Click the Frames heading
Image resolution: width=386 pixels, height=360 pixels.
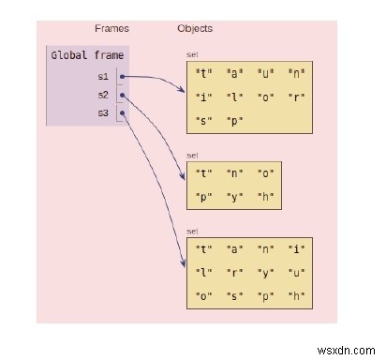[111, 28]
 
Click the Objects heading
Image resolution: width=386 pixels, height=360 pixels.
[194, 28]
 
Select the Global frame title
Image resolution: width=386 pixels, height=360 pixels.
[86, 56]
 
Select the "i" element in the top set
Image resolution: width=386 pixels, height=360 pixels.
[202, 97]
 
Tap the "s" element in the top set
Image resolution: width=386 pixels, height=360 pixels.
[202, 121]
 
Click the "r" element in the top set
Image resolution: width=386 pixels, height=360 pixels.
[298, 97]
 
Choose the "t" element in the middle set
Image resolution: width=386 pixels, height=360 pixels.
[202, 172]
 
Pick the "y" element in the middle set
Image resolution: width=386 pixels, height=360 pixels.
[234, 197]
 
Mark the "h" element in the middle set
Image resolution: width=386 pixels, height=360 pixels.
[266, 197]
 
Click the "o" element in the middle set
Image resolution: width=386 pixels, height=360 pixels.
[266, 172]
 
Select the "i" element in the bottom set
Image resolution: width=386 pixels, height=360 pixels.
[298, 250]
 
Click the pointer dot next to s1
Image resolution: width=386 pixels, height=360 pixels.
[123, 76]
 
